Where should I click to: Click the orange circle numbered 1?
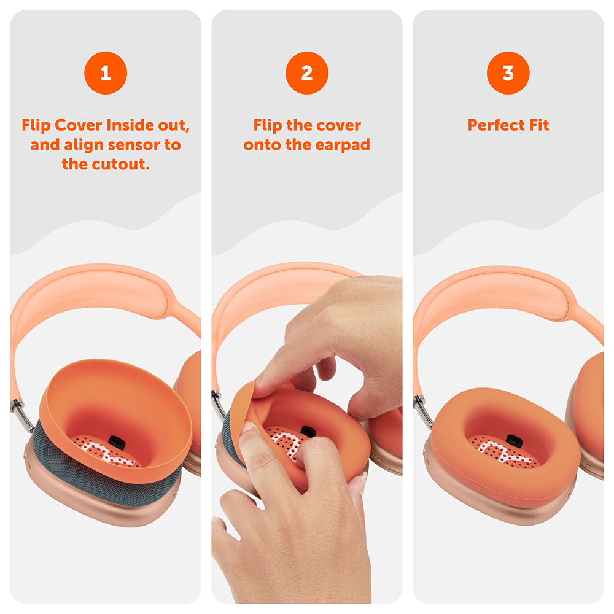point(106,73)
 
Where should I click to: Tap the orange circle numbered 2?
point(306,73)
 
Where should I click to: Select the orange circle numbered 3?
point(508,73)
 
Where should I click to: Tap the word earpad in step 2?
point(342,146)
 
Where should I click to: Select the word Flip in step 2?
point(268,126)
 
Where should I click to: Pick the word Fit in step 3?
point(539,125)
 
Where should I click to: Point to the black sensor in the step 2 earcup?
point(308,431)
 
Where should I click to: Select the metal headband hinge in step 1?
point(20,413)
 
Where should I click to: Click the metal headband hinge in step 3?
point(423,411)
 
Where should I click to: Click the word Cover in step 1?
point(79,125)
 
